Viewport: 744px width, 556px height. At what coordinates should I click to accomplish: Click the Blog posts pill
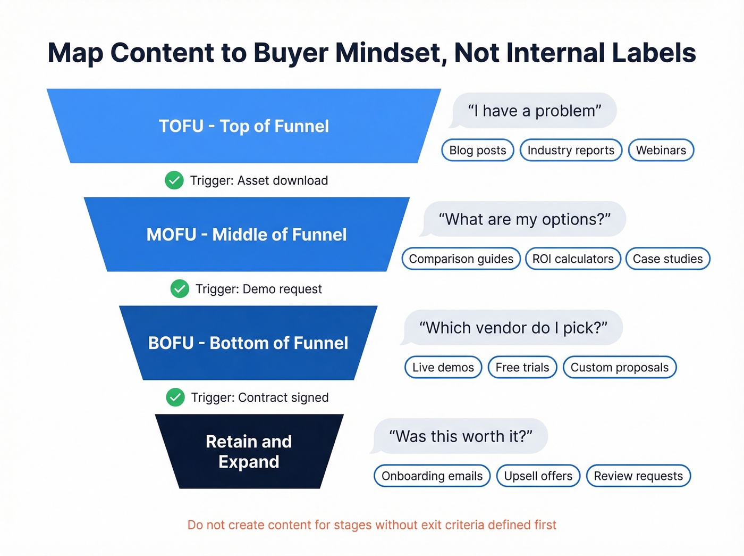[x=477, y=150]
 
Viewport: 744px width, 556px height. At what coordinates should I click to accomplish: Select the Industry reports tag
[x=571, y=150]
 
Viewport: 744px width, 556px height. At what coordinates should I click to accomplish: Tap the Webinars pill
[x=661, y=150]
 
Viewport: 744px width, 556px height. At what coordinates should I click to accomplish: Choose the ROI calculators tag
[x=573, y=259]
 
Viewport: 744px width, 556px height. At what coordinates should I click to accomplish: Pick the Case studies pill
[x=667, y=259]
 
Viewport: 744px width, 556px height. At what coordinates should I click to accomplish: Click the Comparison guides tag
[x=461, y=259]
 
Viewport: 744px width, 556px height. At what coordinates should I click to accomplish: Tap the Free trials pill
[x=522, y=367]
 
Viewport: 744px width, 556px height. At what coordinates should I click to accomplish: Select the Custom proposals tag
[x=619, y=367]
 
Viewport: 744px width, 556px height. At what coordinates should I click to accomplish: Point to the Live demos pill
[x=443, y=367]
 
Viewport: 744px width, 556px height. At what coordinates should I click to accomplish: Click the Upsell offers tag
[x=538, y=476]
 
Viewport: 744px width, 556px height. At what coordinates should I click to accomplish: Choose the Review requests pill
[x=638, y=476]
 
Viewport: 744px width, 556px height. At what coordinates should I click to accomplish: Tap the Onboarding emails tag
[x=432, y=476]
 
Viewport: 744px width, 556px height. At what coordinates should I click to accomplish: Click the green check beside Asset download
[x=174, y=180]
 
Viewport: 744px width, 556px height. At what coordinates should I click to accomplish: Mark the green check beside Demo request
[x=180, y=289]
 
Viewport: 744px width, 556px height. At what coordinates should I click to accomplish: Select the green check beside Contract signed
[x=175, y=397]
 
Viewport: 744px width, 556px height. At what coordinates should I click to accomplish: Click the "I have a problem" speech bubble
[x=534, y=111]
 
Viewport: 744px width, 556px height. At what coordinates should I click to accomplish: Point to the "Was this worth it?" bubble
[x=460, y=436]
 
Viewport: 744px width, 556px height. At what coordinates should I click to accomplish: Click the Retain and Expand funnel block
[x=249, y=451]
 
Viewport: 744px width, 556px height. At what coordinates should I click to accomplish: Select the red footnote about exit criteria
[x=371, y=525]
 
